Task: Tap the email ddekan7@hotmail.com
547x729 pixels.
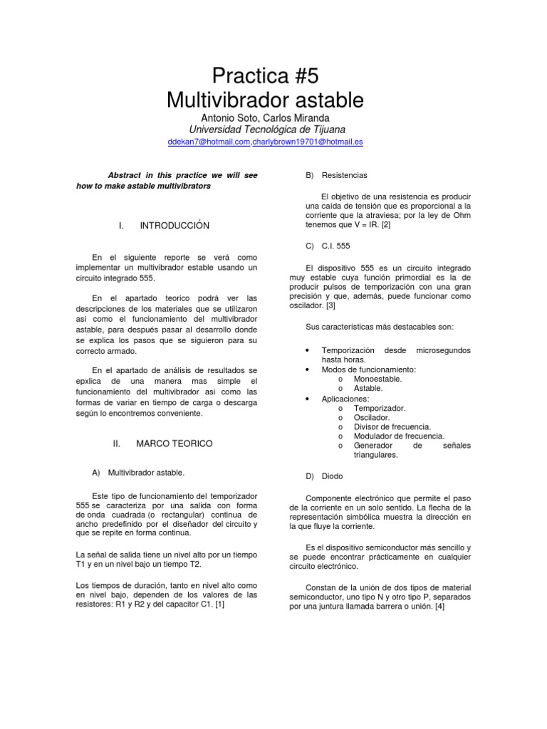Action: point(208,142)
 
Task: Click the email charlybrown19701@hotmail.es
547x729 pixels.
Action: point(308,142)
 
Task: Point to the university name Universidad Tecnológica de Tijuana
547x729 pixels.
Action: point(266,129)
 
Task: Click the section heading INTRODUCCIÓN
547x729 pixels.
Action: point(174,226)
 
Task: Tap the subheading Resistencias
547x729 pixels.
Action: point(345,174)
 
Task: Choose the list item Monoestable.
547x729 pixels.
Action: point(377,379)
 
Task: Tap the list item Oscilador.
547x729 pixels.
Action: point(373,417)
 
